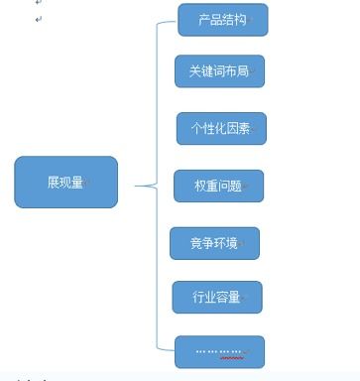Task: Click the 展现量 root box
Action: click(x=65, y=182)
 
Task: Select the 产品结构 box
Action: click(x=222, y=20)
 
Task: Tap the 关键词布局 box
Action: click(x=219, y=71)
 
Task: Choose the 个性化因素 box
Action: click(x=221, y=128)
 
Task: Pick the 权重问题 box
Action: click(x=218, y=186)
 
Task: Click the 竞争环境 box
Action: click(x=214, y=243)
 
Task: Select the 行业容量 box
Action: click(x=217, y=297)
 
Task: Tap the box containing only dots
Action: click(x=219, y=351)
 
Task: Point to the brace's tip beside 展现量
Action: click(x=137, y=186)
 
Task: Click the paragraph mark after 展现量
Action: click(x=87, y=183)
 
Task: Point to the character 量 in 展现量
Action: click(x=77, y=182)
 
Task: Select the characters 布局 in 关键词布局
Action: click(x=236, y=71)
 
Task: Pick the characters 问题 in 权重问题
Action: click(x=229, y=186)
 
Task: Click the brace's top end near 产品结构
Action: click(x=175, y=21)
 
